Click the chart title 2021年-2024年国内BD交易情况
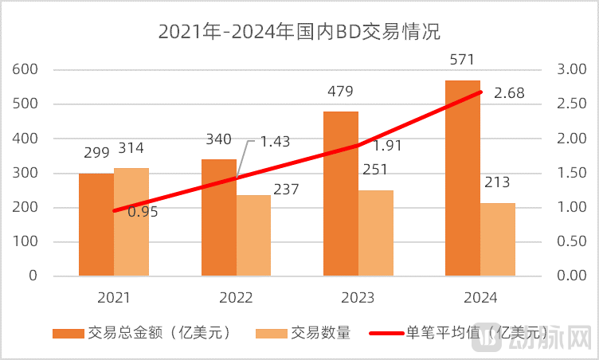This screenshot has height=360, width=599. [x=299, y=32]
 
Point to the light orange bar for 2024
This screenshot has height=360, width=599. [x=498, y=239]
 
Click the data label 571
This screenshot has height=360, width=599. [x=462, y=64]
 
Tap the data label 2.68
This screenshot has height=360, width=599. [x=509, y=94]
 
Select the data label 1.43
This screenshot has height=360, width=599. [x=275, y=142]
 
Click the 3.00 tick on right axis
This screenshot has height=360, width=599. [x=571, y=69]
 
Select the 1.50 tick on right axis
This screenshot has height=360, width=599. [x=571, y=173]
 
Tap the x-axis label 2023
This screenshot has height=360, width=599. [x=358, y=298]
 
